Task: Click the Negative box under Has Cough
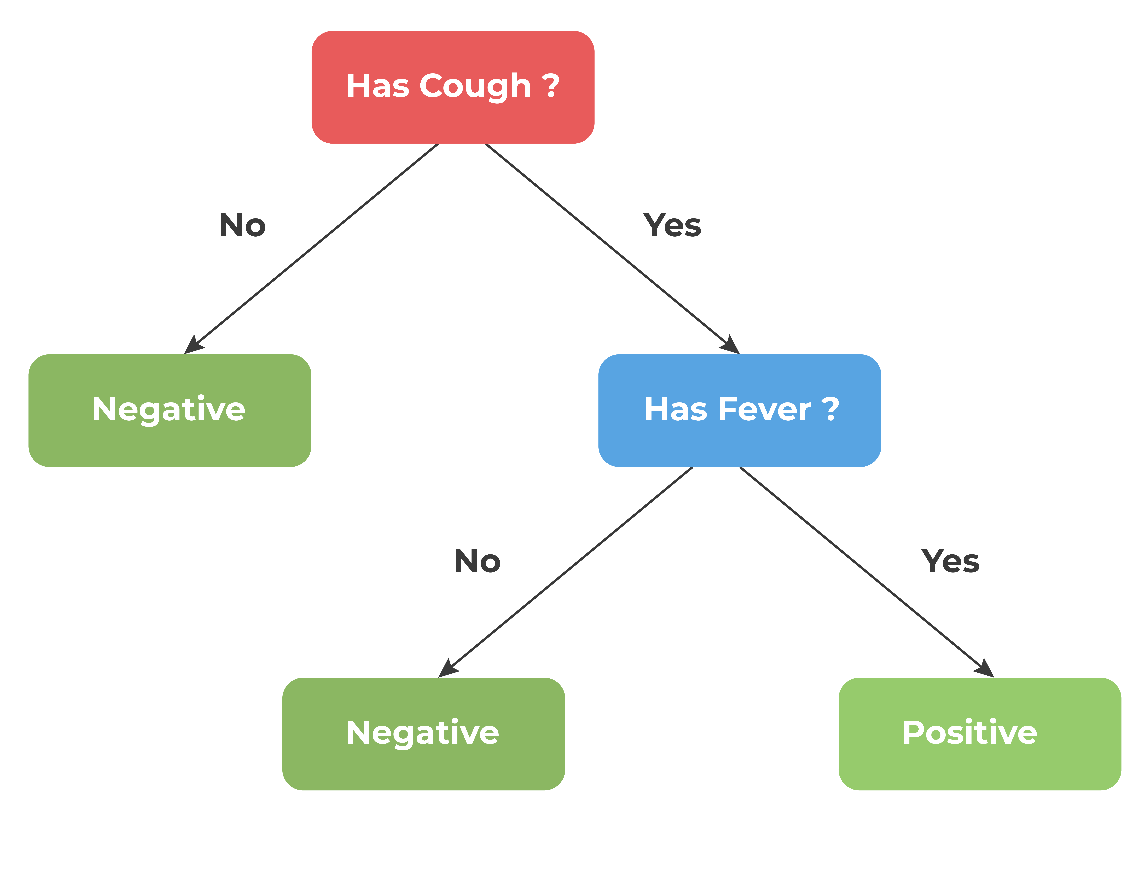170,410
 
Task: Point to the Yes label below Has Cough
672,225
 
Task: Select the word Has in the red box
378,85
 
